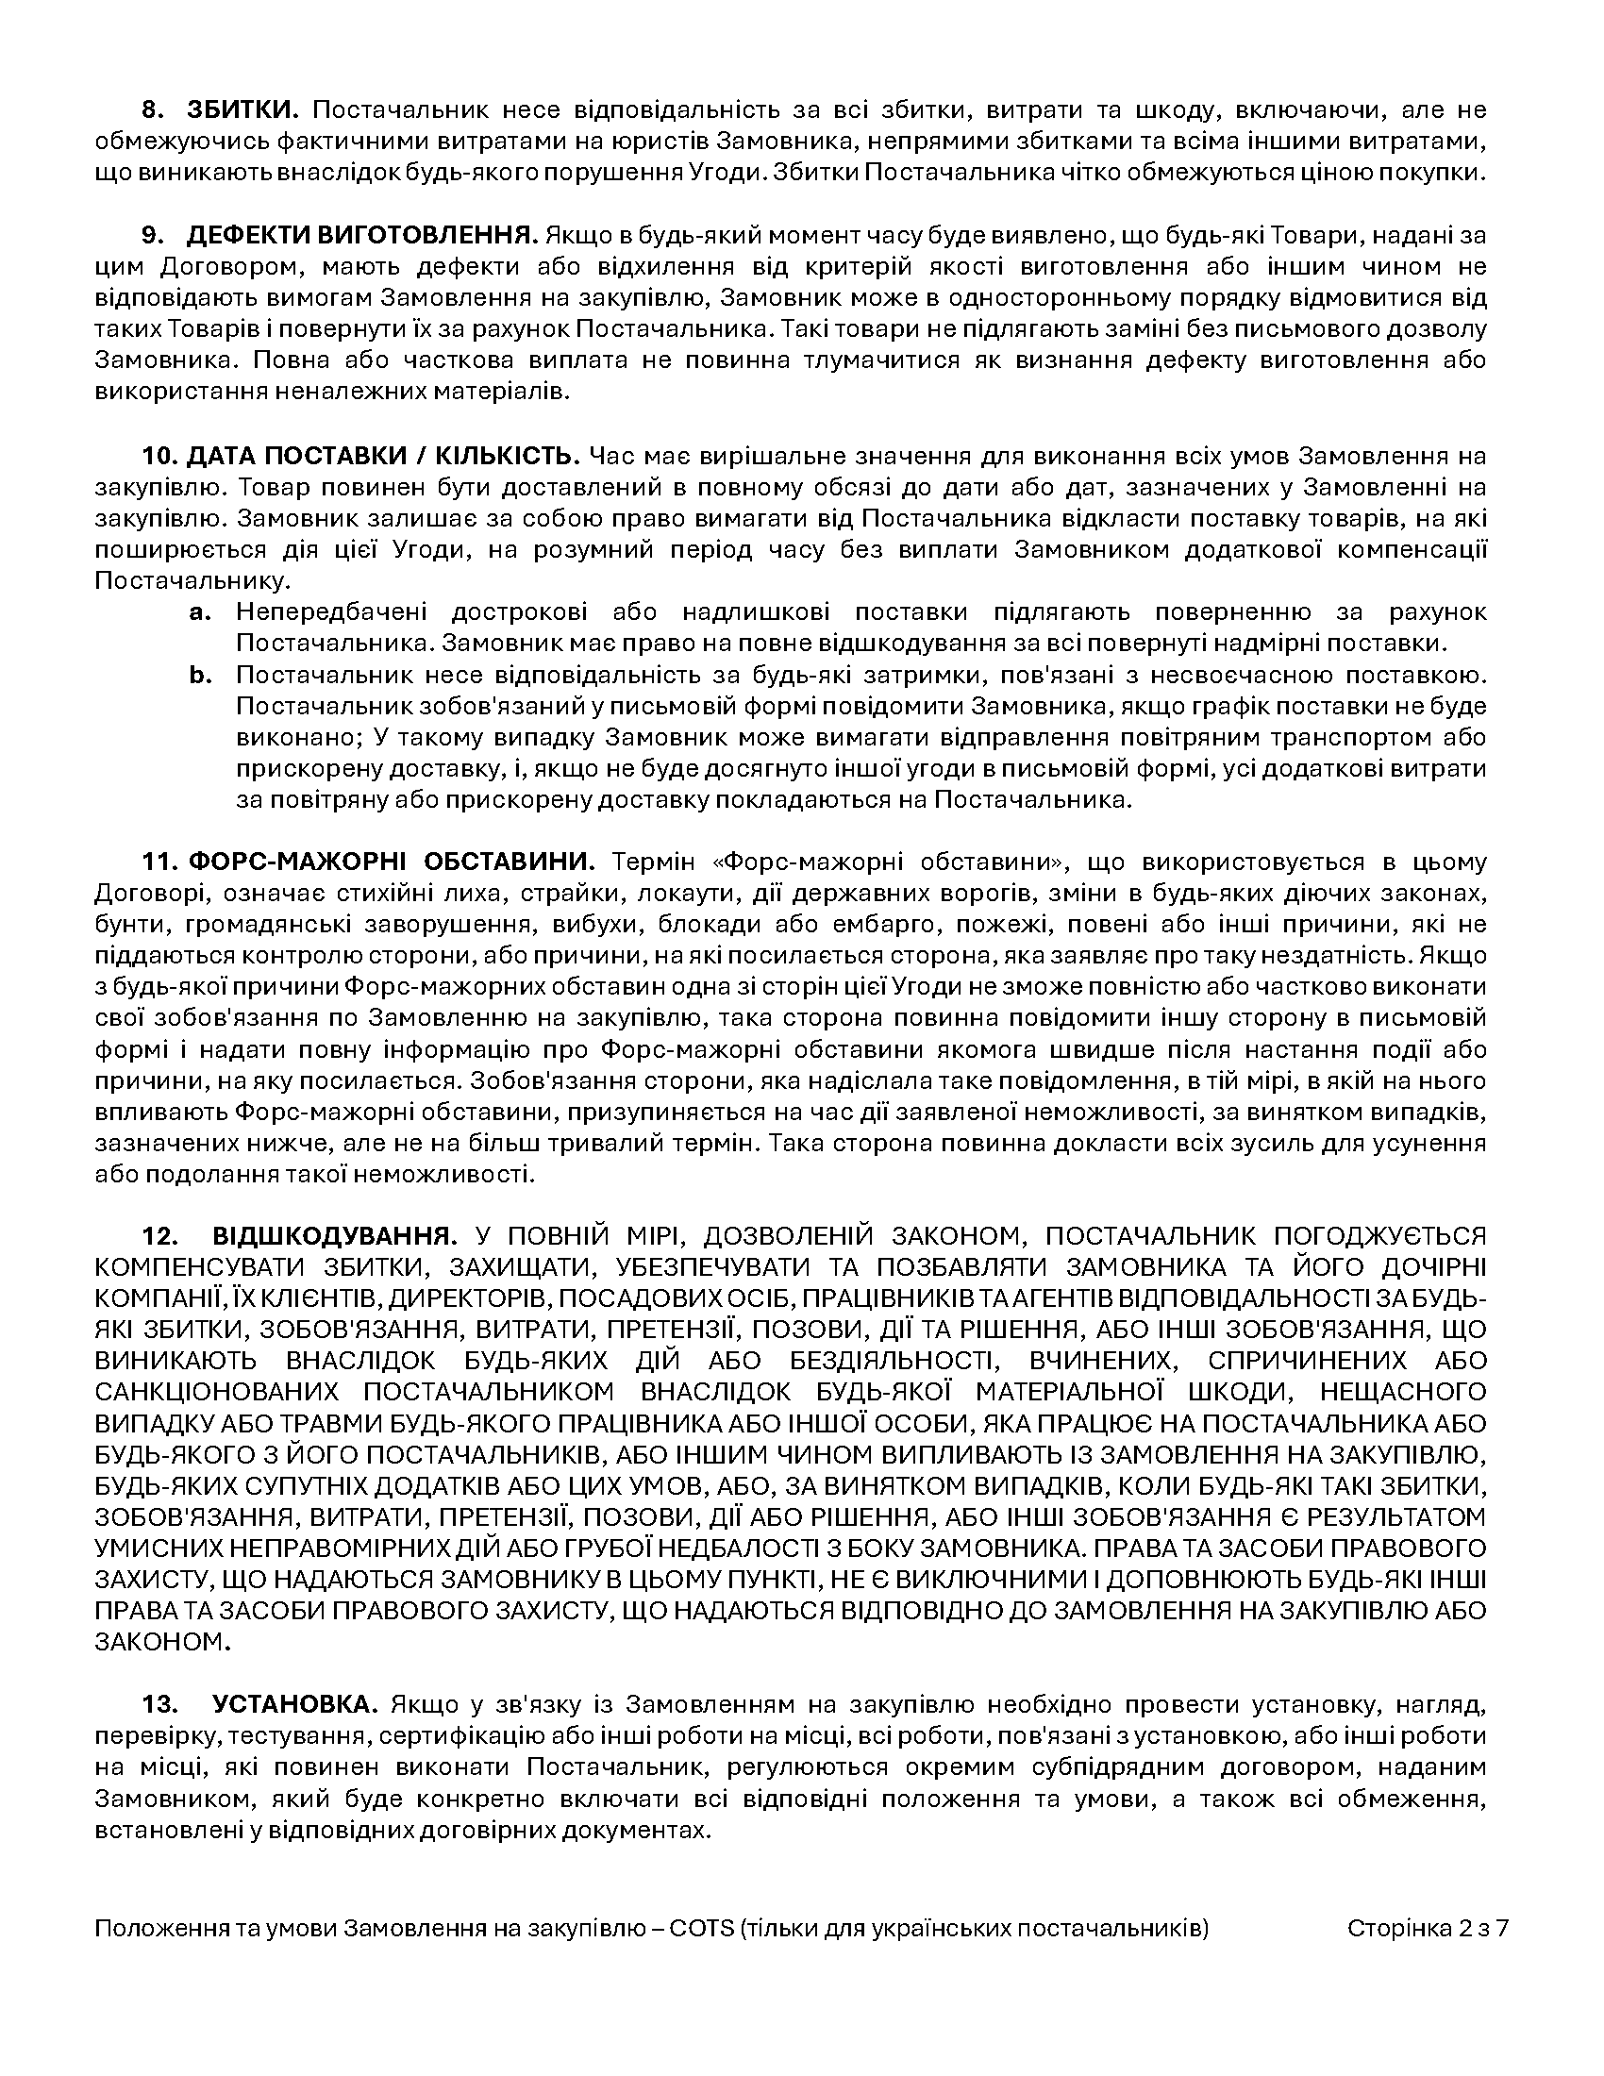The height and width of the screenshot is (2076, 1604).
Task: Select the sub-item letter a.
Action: pos(198,612)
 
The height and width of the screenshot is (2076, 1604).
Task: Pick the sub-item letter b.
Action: pos(198,676)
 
